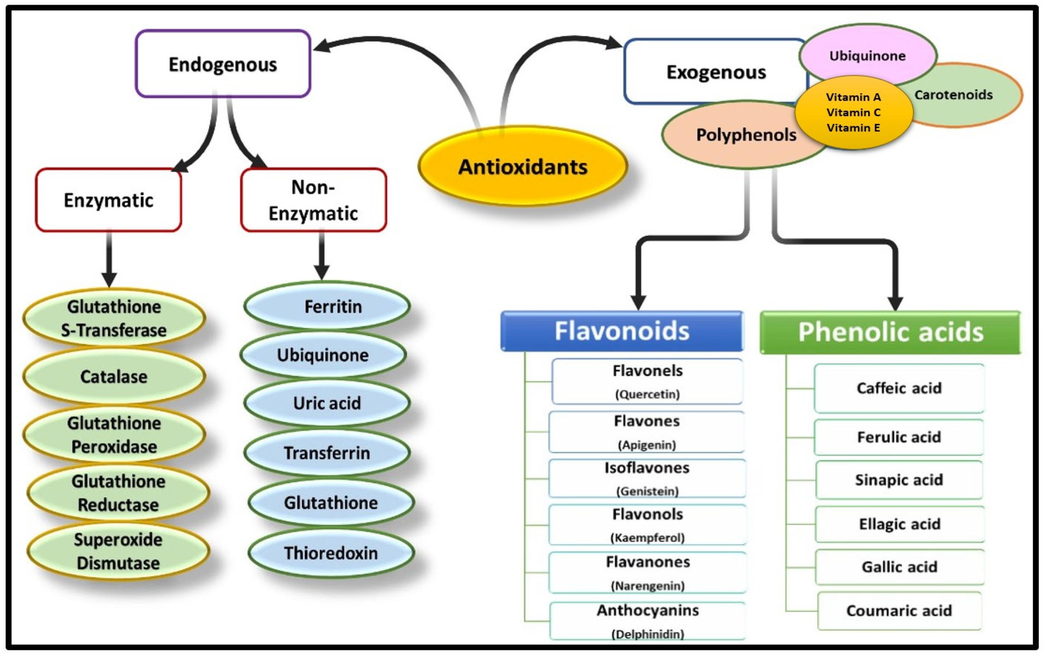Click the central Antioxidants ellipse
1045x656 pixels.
point(522,167)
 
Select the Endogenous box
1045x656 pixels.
point(222,64)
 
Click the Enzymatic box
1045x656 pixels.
point(108,200)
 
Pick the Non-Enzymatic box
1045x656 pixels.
point(313,200)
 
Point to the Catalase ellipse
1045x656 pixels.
point(114,376)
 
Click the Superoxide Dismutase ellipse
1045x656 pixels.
point(118,551)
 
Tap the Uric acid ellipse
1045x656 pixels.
point(327,403)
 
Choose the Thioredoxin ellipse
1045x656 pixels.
point(331,553)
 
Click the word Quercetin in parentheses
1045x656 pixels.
point(647,394)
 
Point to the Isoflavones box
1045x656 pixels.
point(647,478)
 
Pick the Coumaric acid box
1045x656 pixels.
point(899,610)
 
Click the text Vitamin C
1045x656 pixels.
point(853,112)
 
